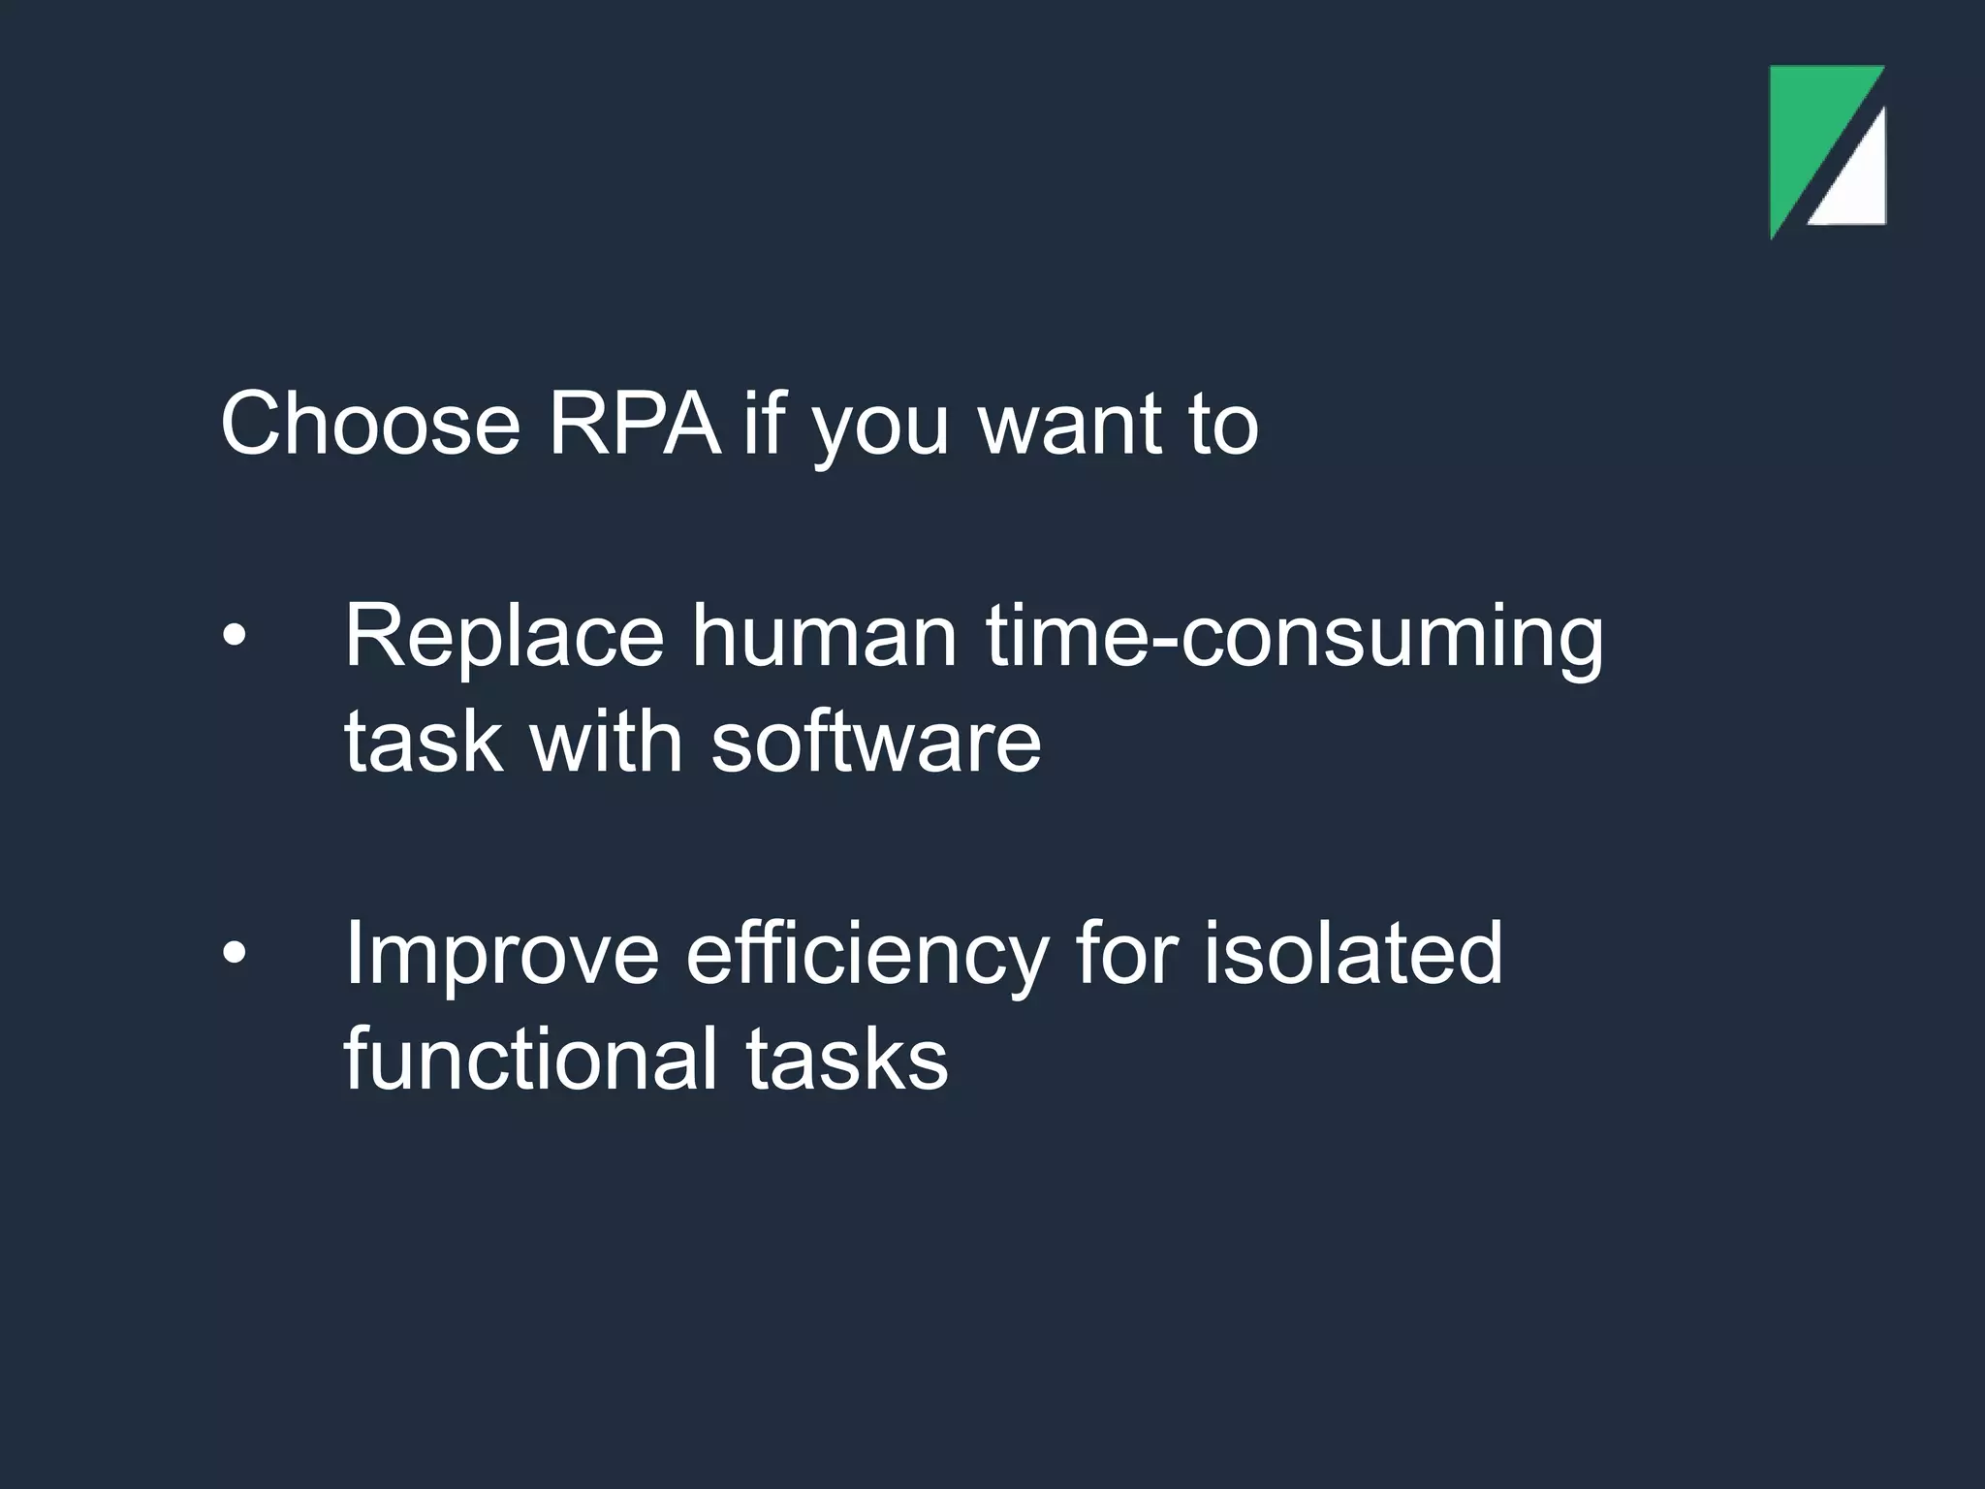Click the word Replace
(x=504, y=637)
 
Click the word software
(x=876, y=742)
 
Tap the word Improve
(x=502, y=955)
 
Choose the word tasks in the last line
(x=846, y=1060)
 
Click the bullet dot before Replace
(x=235, y=637)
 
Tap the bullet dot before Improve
(x=235, y=954)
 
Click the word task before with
(x=424, y=743)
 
